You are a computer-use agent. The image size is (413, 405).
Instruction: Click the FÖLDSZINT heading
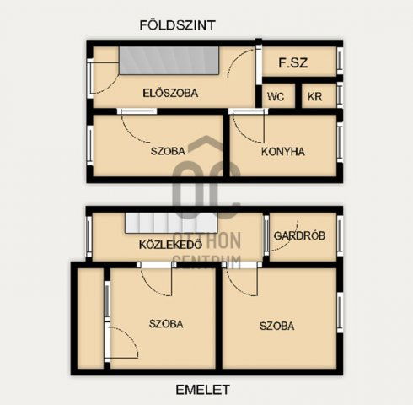click(177, 25)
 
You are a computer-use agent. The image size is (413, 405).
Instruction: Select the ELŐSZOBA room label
click(169, 94)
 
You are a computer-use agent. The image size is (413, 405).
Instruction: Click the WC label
click(275, 97)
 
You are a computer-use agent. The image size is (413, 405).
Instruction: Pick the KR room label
click(314, 97)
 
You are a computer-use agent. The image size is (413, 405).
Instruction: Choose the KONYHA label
click(282, 152)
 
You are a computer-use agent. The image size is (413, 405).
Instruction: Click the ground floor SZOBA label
click(168, 152)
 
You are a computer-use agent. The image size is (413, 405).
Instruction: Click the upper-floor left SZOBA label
click(166, 324)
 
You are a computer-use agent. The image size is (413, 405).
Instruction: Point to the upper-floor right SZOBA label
click(276, 326)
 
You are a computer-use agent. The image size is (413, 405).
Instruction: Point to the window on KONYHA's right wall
click(340, 146)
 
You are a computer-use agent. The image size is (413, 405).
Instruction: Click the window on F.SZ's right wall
click(340, 60)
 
